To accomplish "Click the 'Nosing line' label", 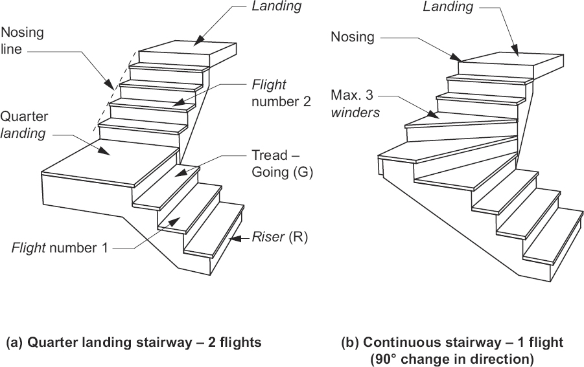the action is pos(22,41).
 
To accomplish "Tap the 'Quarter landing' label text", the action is pos(24,124).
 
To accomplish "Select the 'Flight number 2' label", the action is pos(281,93).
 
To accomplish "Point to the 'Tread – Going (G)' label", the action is pos(282,163).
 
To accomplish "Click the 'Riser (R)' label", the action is pos(280,237).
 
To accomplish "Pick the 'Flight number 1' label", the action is pos(60,248).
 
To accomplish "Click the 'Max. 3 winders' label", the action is pos(355,104).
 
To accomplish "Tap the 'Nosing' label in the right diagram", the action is pos(353,37).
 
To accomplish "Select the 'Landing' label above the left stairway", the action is pos(277,6).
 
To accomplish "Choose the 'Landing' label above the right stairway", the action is pos(448,6).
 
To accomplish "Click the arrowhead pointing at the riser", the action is pos(235,238).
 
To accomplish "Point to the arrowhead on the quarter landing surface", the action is pos(104,150).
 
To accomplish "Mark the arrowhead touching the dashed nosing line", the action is pos(110,85).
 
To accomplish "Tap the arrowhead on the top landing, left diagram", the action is pos(199,40).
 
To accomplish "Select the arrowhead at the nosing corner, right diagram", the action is pos(456,57).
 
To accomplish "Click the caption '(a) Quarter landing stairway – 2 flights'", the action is pos(134,342).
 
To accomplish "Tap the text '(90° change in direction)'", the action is pos(452,359).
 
